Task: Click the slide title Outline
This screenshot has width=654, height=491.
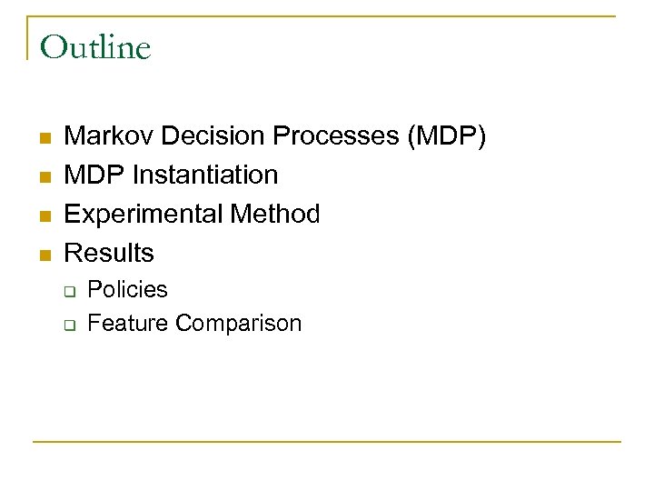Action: coord(95,47)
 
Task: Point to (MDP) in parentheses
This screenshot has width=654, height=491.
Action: coord(448,136)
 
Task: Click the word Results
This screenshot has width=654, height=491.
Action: coord(110,252)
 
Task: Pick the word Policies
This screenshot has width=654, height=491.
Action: coord(128,290)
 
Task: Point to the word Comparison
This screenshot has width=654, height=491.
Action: coord(239,323)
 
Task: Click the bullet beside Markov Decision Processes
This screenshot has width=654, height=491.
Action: coord(44,138)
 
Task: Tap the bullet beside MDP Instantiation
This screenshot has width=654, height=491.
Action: coord(44,176)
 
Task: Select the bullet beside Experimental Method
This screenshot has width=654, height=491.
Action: coord(44,215)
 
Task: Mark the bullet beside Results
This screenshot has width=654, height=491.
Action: coord(44,254)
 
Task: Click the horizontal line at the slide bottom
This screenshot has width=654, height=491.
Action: coord(327,442)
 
